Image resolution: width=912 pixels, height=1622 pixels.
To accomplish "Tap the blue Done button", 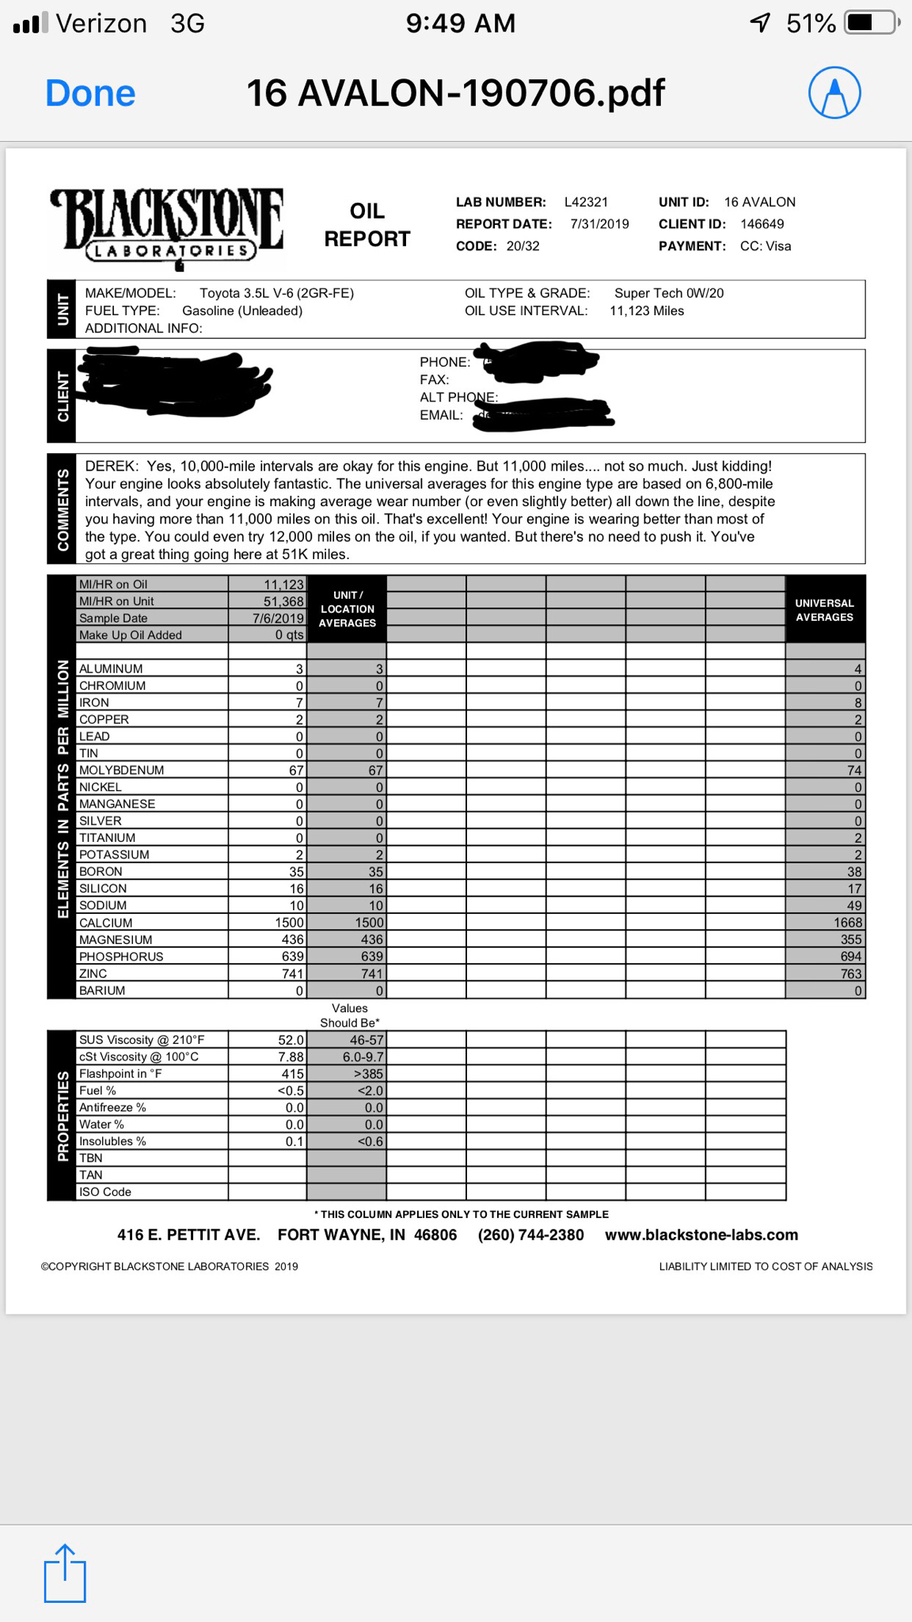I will (x=90, y=93).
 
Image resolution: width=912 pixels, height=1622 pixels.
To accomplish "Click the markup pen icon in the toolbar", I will (x=834, y=93).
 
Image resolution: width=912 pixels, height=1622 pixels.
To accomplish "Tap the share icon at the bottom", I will (x=64, y=1574).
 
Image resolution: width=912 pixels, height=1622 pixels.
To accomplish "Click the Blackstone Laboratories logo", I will (x=167, y=227).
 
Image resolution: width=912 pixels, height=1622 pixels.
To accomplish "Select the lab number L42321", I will (x=586, y=202).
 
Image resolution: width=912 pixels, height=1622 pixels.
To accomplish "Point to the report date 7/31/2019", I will (x=599, y=224).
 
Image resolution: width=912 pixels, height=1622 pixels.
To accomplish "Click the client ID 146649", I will (x=762, y=224).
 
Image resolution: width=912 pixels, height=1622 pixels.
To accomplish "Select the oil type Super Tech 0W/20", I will (x=669, y=293).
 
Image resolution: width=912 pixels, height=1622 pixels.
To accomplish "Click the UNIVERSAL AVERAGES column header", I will (x=824, y=610).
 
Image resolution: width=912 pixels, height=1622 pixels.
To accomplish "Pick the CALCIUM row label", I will (x=106, y=923).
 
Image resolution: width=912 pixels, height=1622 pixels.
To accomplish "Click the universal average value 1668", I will (x=847, y=923).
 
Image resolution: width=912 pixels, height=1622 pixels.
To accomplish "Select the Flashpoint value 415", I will (x=292, y=1074).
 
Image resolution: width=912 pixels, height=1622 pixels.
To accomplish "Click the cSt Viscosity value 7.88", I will (x=291, y=1057).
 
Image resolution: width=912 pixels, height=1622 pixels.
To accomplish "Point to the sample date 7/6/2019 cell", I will (x=278, y=619).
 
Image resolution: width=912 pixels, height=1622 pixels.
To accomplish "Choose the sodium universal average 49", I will (x=853, y=905).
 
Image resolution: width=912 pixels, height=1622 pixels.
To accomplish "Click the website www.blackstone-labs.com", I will (x=701, y=1236).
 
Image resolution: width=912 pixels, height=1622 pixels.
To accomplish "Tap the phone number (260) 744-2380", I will (x=530, y=1236).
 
